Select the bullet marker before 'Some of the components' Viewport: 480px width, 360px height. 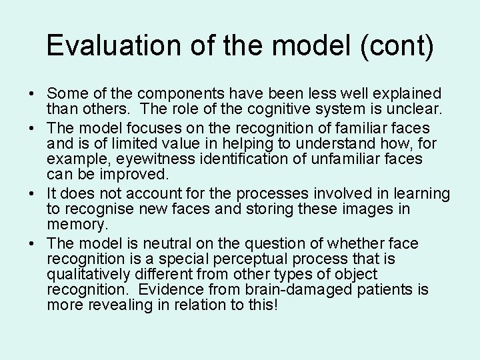pyautogui.click(x=33, y=93)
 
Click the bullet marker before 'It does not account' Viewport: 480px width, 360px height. pyautogui.click(x=33, y=194)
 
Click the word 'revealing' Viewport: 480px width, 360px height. pyautogui.click(x=115, y=306)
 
